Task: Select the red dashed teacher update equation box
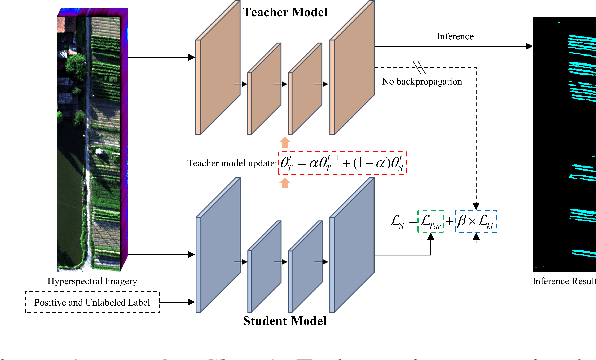344,162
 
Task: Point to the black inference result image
563,140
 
